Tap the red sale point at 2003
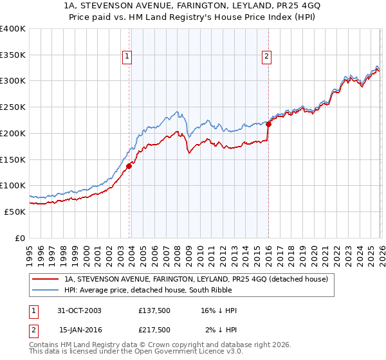(x=129, y=166)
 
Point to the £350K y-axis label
(x=13, y=55)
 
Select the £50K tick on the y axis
(x=15, y=212)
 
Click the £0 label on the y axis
(x=21, y=238)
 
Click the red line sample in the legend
(x=45, y=279)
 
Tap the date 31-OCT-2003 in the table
(x=80, y=310)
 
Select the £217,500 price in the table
(x=154, y=330)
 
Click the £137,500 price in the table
(x=154, y=310)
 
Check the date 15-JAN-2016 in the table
(x=80, y=330)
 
